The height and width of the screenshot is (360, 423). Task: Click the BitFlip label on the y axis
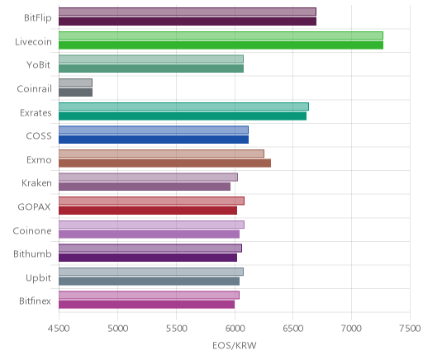(x=38, y=18)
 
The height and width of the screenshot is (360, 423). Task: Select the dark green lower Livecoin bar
(x=221, y=45)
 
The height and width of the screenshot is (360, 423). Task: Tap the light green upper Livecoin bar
(x=221, y=36)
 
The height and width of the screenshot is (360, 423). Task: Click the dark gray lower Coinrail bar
(x=75, y=92)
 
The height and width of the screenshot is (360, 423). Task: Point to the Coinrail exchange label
(x=34, y=89)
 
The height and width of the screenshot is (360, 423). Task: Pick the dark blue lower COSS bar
(x=154, y=140)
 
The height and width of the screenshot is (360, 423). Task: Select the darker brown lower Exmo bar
(x=164, y=163)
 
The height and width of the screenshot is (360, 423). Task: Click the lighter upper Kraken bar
(x=148, y=178)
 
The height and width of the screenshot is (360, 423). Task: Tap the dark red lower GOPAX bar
(x=148, y=211)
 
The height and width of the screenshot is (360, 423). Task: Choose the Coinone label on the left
(x=32, y=230)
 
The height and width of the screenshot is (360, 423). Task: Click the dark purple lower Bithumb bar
(x=148, y=258)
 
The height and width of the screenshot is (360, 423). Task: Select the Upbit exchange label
(x=38, y=278)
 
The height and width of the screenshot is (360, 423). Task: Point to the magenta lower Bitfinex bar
(x=146, y=305)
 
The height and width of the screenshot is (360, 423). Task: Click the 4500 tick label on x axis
(x=59, y=329)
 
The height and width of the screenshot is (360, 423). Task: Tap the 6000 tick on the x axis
(x=235, y=329)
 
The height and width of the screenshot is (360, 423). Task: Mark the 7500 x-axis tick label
(x=411, y=329)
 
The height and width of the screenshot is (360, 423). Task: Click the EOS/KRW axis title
(x=235, y=345)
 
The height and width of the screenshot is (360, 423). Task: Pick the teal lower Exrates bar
(x=183, y=116)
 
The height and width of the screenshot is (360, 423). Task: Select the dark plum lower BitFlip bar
(x=188, y=21)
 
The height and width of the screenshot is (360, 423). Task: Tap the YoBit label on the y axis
(x=39, y=65)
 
